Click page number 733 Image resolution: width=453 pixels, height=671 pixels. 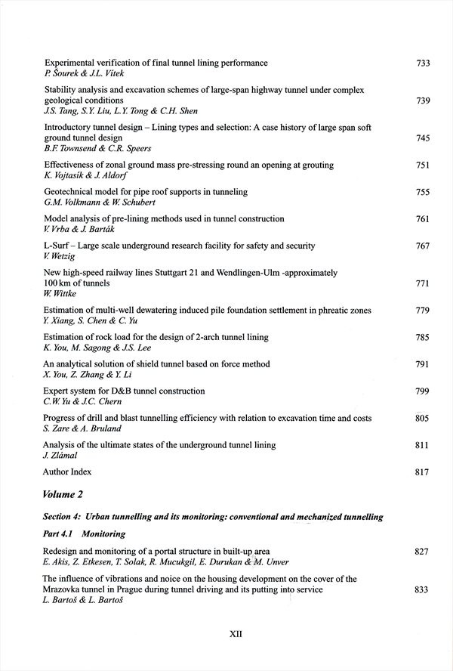423,63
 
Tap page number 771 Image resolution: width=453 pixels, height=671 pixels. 423,283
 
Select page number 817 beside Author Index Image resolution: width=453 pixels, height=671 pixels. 423,472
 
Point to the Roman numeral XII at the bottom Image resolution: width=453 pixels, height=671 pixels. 235,635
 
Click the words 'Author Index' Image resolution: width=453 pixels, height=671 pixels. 67,472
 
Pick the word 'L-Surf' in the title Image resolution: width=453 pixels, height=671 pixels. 57,246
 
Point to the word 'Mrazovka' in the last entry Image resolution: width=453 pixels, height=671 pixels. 66,589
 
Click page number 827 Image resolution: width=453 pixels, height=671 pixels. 423,552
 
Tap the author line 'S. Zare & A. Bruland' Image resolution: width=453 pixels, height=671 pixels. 82,428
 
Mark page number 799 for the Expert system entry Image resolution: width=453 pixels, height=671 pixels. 423,391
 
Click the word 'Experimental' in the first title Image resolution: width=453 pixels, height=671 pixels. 71,63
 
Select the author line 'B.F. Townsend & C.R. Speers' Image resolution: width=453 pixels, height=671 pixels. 97,149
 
